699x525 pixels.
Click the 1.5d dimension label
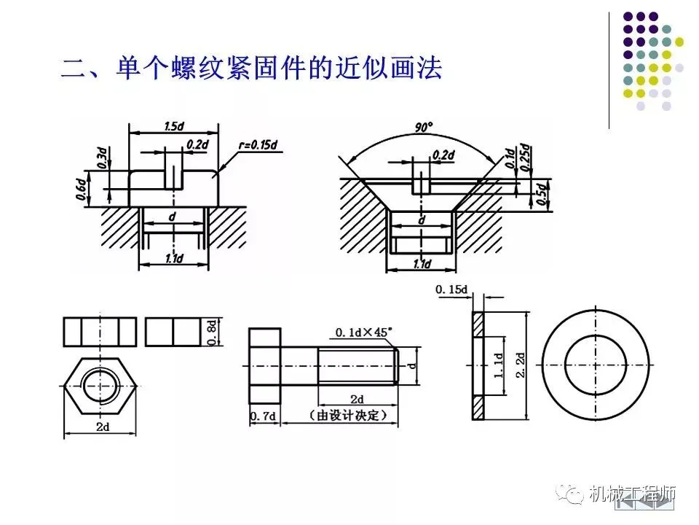pyautogui.click(x=173, y=126)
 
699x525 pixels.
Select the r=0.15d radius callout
pyautogui.click(x=258, y=144)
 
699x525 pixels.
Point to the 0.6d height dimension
pyautogui.click(x=82, y=188)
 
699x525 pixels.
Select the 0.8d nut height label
pyautogui.click(x=212, y=331)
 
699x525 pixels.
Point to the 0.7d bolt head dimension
pyautogui.click(x=263, y=416)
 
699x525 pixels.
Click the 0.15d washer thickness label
pyautogui.click(x=451, y=290)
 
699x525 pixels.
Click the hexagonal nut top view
pyautogui.click(x=100, y=389)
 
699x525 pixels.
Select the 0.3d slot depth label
pyautogui.click(x=102, y=157)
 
